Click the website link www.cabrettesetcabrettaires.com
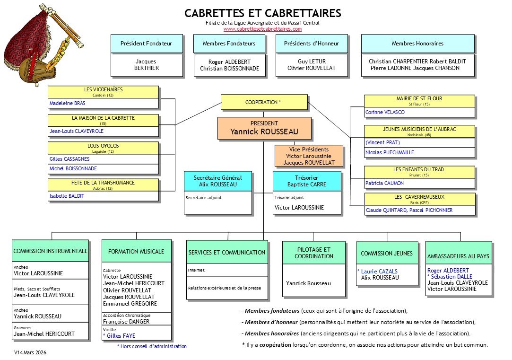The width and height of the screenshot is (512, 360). (262, 29)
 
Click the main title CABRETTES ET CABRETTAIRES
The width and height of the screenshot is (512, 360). (262, 13)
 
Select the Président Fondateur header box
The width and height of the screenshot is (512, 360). (146, 44)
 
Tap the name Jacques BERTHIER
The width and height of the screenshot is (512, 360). (146, 65)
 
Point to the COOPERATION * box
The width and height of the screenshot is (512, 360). (263, 102)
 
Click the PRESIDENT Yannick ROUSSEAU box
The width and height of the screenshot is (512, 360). (264, 129)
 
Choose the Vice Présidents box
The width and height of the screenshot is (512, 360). (309, 156)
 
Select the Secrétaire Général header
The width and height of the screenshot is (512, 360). (218, 181)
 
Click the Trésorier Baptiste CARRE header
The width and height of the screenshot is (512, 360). (307, 181)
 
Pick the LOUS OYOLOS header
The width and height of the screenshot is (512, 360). (104, 148)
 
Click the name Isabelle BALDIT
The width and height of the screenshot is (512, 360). (67, 196)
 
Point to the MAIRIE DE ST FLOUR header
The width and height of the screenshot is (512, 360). (419, 101)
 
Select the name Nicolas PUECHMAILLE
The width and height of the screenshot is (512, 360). (390, 152)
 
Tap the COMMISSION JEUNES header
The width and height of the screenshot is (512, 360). (387, 254)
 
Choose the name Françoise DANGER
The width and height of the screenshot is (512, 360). (126, 321)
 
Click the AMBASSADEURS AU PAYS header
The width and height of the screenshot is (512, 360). (458, 256)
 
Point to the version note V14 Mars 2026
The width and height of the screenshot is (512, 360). (30, 352)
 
